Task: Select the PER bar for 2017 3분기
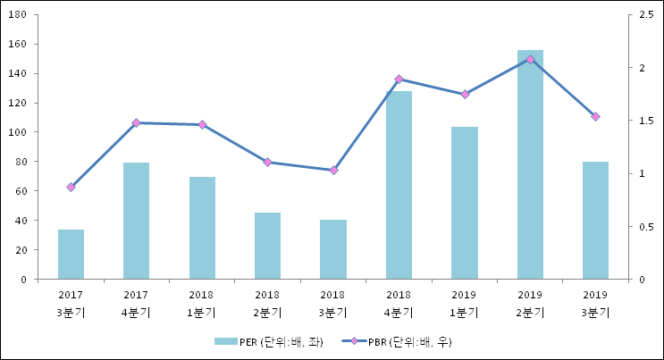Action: click(x=71, y=255)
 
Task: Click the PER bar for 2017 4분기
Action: click(x=136, y=221)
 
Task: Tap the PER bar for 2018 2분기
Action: click(x=267, y=246)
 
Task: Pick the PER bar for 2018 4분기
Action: click(x=399, y=185)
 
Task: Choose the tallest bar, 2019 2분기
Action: click(x=530, y=164)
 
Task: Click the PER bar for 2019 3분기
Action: click(x=595, y=221)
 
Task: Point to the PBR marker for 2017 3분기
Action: click(x=71, y=187)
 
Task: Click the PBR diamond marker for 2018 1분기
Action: click(x=202, y=124)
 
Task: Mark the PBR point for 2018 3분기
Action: click(x=333, y=170)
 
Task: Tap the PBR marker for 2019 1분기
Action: click(x=465, y=94)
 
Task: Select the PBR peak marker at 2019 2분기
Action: click(x=530, y=59)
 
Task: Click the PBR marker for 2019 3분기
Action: click(x=595, y=116)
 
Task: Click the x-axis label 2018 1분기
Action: click(x=202, y=303)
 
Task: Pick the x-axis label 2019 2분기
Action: click(x=530, y=303)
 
